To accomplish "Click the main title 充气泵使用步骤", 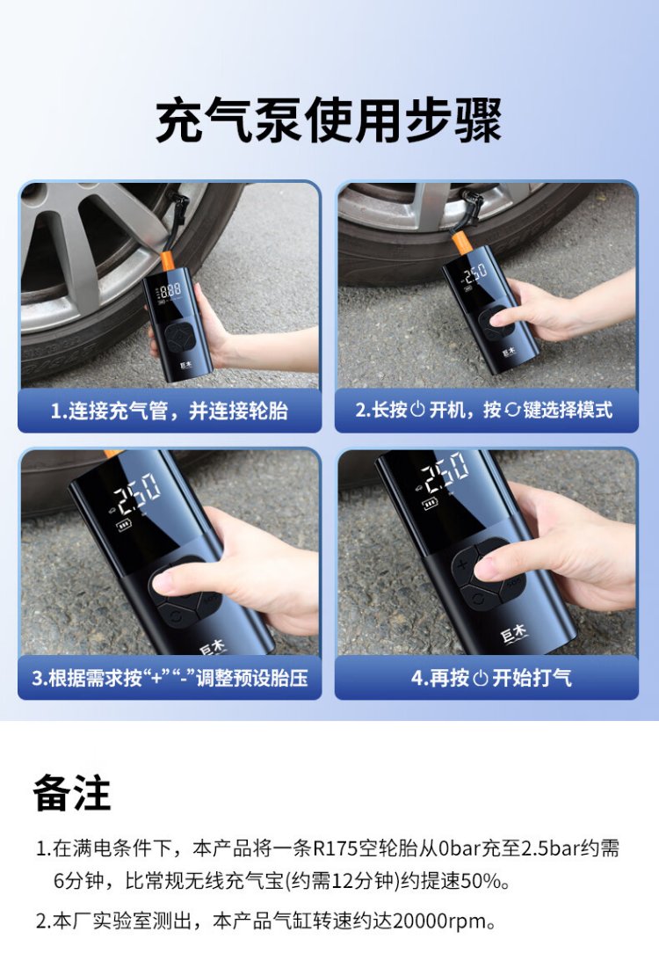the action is (329, 120).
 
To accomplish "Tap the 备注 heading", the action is (71, 793).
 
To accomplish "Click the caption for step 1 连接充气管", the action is (169, 410).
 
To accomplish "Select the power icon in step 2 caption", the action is (417, 410).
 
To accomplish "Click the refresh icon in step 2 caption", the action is (512, 410).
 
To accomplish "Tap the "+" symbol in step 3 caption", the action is (157, 677).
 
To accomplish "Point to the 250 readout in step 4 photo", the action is (445, 473).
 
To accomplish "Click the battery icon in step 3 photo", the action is (124, 527).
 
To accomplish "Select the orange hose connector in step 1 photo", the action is (169, 262).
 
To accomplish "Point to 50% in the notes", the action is (482, 880).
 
